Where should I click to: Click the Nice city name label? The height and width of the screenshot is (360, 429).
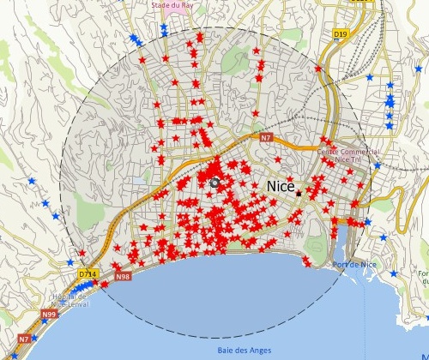(281, 185)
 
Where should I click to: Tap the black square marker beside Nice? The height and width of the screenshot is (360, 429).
(299, 194)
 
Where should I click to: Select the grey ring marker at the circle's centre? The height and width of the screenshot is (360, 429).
(214, 183)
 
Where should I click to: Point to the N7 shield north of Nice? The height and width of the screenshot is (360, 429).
(266, 137)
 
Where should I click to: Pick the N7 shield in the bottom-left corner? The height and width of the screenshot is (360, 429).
(24, 339)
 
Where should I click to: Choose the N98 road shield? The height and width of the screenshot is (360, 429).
(123, 276)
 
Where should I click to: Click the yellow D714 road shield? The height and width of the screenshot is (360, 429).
(87, 273)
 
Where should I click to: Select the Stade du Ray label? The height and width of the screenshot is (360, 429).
(171, 5)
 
